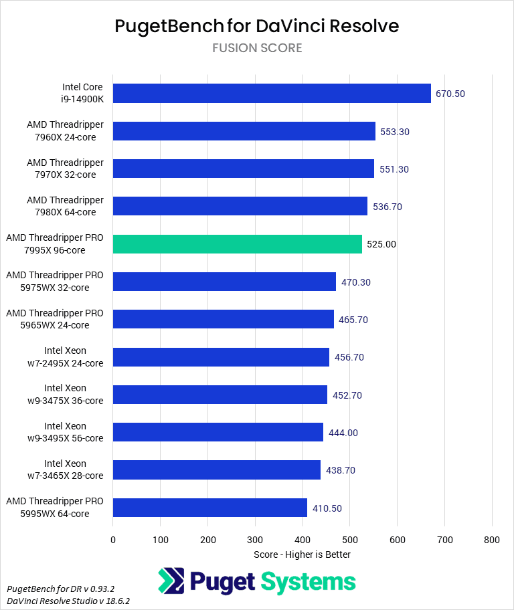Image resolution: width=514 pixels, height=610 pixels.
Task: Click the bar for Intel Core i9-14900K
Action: tap(272, 94)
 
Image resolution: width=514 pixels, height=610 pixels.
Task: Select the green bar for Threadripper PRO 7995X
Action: tap(238, 244)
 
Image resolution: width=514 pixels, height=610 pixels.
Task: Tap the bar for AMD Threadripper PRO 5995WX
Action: tap(210, 508)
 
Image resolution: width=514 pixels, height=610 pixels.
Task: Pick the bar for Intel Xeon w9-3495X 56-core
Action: tap(218, 432)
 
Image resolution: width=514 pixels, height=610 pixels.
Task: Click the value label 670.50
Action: tap(450, 94)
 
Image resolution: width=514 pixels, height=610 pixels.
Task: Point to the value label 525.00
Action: tap(381, 244)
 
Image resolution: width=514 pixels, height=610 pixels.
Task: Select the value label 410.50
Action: tap(327, 508)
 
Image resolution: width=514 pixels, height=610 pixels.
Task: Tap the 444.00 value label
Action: tap(343, 433)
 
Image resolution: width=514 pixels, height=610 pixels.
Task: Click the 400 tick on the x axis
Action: tap(303, 539)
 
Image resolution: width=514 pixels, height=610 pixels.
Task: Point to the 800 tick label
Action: tap(492, 539)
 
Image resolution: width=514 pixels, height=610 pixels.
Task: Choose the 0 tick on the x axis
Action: tap(113, 539)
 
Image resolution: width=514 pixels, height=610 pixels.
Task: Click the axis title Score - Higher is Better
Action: tap(302, 554)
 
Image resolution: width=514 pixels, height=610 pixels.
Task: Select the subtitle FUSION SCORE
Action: tap(257, 48)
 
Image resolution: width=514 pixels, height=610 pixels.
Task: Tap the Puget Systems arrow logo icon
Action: tap(171, 581)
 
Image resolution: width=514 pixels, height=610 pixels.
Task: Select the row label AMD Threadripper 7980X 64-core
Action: tap(65, 206)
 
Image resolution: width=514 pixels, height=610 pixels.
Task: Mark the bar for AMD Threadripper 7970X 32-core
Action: tap(244, 169)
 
